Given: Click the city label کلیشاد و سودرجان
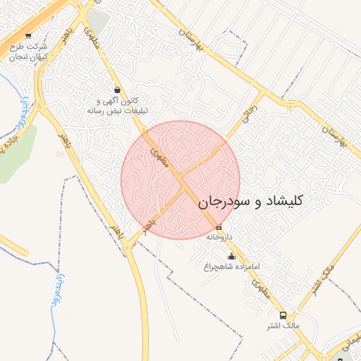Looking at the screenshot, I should [x=250, y=201].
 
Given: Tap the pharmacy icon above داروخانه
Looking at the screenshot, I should [x=219, y=228].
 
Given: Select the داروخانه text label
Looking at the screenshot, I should [x=219, y=238].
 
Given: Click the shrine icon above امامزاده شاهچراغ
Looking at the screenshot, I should [x=232, y=257].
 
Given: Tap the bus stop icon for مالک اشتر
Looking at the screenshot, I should [x=283, y=315].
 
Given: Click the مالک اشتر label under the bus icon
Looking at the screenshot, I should [x=283, y=325].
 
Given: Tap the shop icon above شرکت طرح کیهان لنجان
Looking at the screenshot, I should [x=28, y=35].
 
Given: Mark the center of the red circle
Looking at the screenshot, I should [x=180, y=180].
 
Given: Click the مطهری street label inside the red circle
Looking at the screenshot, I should [x=157, y=154].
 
